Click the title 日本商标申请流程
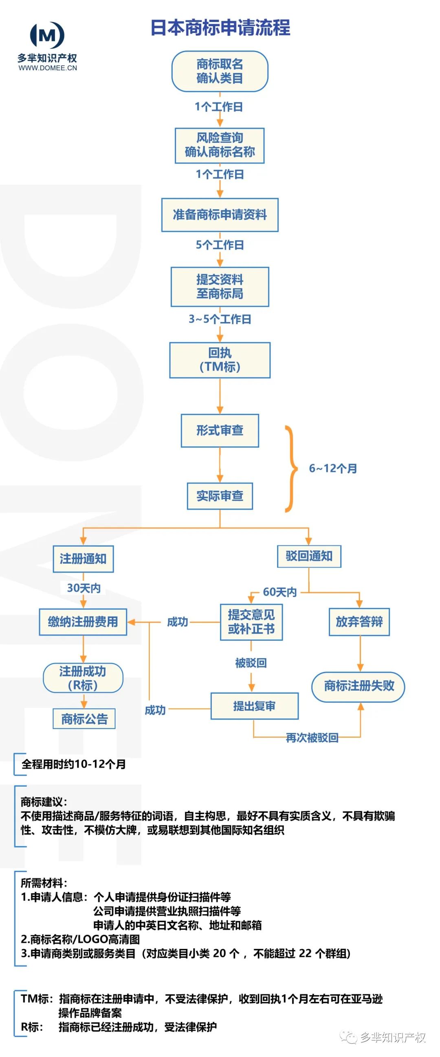[x=220, y=28]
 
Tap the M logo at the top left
[x=47, y=35]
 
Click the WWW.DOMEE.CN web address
[x=48, y=68]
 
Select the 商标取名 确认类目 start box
[x=220, y=71]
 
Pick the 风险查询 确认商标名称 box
[x=220, y=145]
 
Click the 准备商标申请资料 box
[x=220, y=214]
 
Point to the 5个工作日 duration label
[x=220, y=245]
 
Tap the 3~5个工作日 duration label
[x=220, y=319]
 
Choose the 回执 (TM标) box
[x=220, y=360]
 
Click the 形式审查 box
[x=220, y=431]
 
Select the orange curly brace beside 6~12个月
[x=291, y=469]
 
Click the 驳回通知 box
[x=309, y=556]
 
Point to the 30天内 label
[x=84, y=588]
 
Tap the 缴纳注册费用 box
[x=83, y=622]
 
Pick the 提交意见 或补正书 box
[x=251, y=622]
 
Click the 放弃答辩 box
[x=359, y=621]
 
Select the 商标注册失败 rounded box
[x=359, y=686]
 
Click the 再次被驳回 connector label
[x=312, y=738]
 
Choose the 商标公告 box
[x=84, y=719]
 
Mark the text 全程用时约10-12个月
[x=74, y=764]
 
